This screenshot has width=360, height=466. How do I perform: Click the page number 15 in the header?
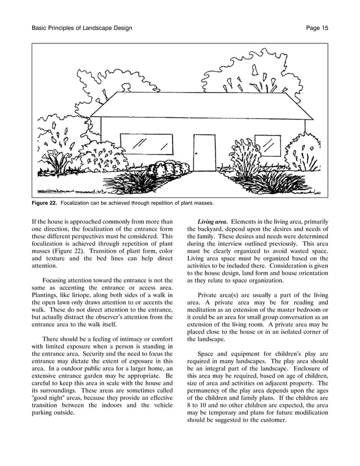324,28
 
